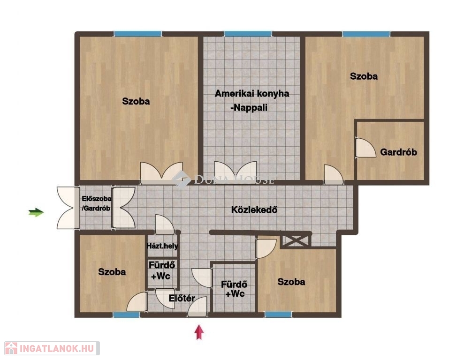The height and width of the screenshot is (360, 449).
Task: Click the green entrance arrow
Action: point(36,213)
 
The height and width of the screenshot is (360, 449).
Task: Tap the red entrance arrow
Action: point(199,332)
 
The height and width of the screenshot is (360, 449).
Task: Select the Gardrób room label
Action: point(398,152)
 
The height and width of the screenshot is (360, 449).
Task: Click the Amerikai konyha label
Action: point(252,94)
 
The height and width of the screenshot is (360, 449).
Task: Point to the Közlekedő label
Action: point(254,210)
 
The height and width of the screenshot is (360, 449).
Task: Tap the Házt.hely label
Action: point(162,246)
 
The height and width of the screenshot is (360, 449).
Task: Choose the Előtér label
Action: point(182,298)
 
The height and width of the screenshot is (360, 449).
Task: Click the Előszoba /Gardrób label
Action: point(97,203)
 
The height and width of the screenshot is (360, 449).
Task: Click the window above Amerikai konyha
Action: point(248,34)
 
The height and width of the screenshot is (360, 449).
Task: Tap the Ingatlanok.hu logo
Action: point(52,348)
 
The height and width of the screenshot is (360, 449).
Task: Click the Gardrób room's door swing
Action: point(365,148)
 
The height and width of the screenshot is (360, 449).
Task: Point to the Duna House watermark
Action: point(223,180)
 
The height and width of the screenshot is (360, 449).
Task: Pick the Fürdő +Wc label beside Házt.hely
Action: point(161,271)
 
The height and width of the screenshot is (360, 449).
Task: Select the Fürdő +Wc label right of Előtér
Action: point(235,289)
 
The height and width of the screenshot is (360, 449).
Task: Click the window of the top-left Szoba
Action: point(138,34)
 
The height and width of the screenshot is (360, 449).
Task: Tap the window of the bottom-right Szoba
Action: point(278,315)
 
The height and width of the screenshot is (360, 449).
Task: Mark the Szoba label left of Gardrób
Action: point(364,76)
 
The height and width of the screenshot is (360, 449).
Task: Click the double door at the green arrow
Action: point(68,208)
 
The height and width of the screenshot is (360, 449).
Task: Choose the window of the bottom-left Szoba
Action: point(126,315)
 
